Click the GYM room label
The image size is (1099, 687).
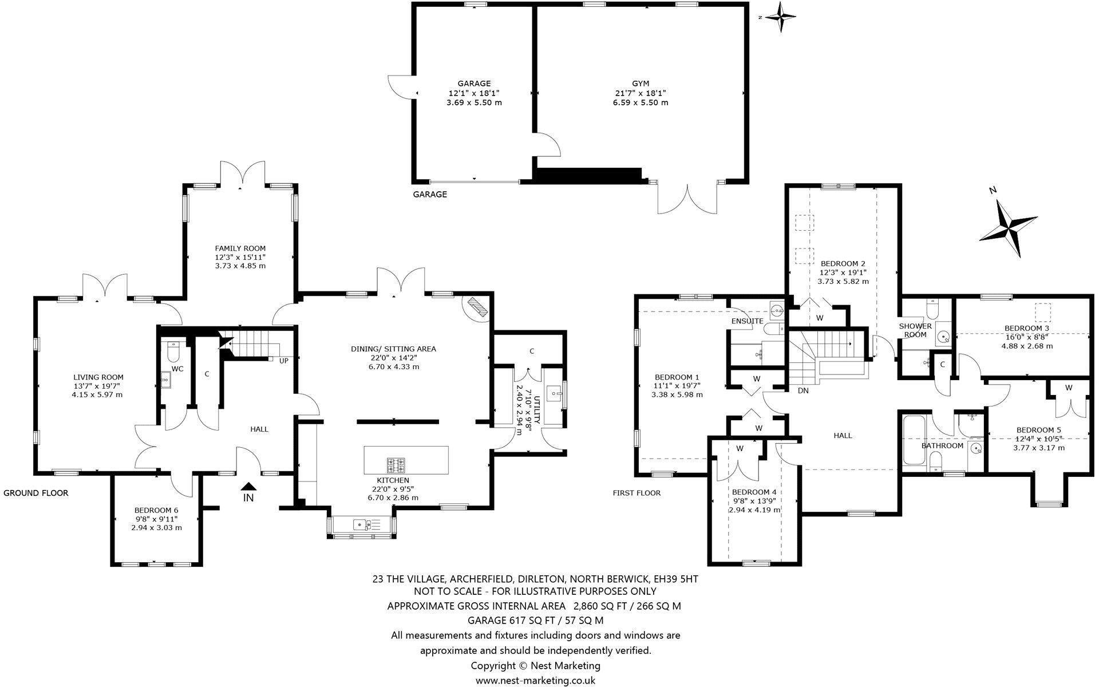point(640,84)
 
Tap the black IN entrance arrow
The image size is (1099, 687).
point(248,487)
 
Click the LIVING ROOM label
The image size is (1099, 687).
point(98,377)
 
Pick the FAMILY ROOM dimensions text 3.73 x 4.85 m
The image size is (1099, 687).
point(240,266)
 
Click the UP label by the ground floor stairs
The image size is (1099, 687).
point(283,361)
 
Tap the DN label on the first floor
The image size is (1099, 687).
point(803,390)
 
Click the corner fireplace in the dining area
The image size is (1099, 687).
point(476,307)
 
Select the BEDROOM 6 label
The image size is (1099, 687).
point(156,510)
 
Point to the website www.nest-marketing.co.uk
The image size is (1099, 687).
point(535,680)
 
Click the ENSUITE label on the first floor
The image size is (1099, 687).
point(747,321)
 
